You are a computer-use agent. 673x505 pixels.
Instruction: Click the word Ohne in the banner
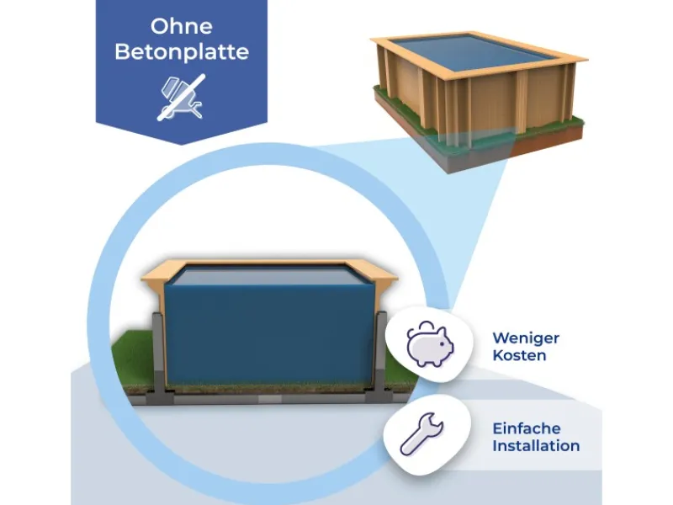click(182, 26)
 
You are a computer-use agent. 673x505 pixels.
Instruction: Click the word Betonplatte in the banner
click(182, 52)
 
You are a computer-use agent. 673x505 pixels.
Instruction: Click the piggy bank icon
click(430, 344)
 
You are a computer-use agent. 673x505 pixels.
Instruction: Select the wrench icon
click(421, 433)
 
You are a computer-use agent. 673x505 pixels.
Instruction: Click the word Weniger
click(526, 338)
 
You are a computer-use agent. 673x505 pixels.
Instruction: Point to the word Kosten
click(519, 355)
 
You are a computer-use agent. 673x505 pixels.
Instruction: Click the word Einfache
click(527, 428)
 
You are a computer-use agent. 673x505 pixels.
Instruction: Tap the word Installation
click(536, 446)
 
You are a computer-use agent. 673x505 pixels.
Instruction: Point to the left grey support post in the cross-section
click(158, 356)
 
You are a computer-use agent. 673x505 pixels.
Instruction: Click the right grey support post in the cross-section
click(380, 354)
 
